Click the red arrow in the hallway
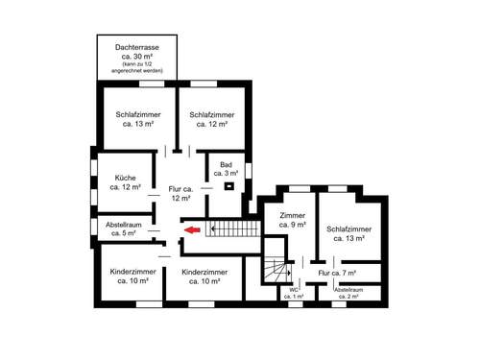click(x=191, y=230)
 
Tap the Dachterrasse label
click(x=135, y=46)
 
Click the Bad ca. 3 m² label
click(x=227, y=169)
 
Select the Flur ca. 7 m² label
click(x=337, y=274)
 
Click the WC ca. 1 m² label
click(x=294, y=293)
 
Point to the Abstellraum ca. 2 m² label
click(x=348, y=293)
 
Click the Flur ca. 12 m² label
click(x=180, y=194)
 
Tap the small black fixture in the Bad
click(x=229, y=185)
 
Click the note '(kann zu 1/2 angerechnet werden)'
click(x=135, y=67)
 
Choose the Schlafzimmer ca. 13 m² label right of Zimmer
click(x=350, y=234)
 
